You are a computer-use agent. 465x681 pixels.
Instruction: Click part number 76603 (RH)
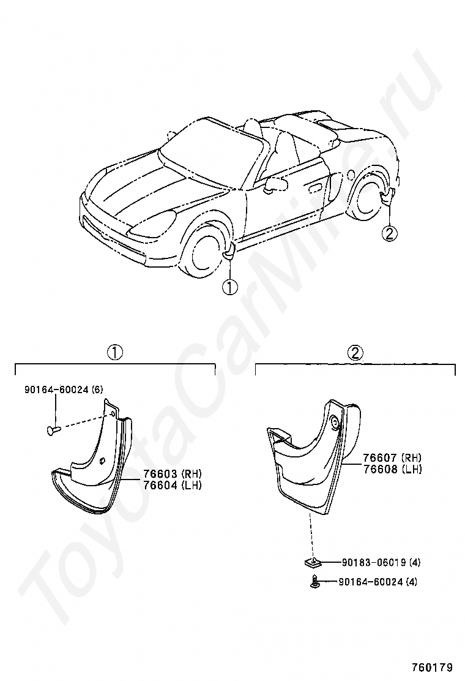tap(172, 474)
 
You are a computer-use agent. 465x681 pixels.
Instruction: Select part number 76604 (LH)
tap(172, 485)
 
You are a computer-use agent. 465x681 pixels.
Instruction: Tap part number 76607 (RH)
tap(392, 458)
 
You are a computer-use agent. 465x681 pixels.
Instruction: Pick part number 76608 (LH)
tap(392, 469)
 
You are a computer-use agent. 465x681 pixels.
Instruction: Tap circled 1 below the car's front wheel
tap(229, 286)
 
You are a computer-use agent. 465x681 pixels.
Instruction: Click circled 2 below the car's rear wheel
tap(390, 233)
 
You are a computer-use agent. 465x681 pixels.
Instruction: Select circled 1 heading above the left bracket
tap(115, 352)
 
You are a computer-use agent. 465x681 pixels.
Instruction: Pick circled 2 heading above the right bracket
tap(355, 352)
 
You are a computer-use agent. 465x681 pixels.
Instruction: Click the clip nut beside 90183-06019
tap(310, 561)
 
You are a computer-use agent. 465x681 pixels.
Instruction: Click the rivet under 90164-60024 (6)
tap(53, 430)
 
